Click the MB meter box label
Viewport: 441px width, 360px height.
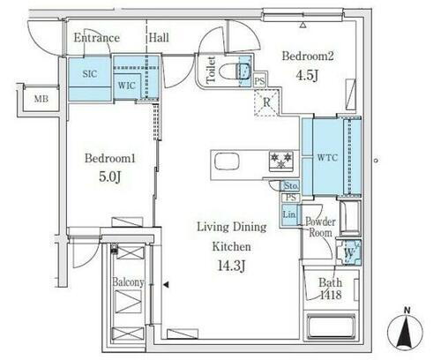[x=41, y=99]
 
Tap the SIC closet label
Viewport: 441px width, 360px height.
[x=90, y=73]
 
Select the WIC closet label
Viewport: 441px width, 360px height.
[x=127, y=86]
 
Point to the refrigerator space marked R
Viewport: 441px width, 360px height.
[x=266, y=102]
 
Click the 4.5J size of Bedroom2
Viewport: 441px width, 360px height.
[x=307, y=76]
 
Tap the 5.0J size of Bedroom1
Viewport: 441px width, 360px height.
[x=110, y=176]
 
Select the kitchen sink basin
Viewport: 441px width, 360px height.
[x=227, y=161]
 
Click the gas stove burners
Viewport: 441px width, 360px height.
[x=281, y=161]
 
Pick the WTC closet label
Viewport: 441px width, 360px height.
[x=327, y=158]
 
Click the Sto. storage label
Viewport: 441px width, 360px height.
[x=291, y=186]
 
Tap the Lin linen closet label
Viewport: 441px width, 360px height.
[x=289, y=214]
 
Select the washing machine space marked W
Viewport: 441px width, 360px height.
[x=349, y=252]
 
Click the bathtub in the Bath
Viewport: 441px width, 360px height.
[x=331, y=326]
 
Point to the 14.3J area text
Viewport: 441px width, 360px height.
[x=231, y=266]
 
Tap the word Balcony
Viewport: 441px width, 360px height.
[x=128, y=282]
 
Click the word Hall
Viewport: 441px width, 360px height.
[x=159, y=38]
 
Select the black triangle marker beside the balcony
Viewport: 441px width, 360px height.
[x=166, y=284]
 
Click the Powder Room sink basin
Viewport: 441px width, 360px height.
[x=350, y=218]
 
